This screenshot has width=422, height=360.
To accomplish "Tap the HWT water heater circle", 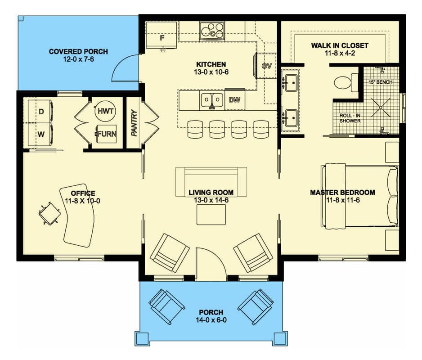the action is click(105, 111).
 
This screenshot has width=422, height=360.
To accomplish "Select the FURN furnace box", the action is click(107, 134).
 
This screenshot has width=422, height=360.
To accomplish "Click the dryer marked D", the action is click(40, 112).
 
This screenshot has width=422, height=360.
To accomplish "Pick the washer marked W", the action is click(40, 135).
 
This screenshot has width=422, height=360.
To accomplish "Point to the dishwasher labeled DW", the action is click(235, 100).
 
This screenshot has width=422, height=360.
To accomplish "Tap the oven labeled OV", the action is click(266, 66).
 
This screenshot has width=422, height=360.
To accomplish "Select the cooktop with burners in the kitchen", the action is click(212, 31).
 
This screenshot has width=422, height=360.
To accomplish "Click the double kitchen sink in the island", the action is click(212, 100).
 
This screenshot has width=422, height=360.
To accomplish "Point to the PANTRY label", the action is click(134, 123).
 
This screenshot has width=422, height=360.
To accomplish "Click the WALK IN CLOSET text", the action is click(340, 45).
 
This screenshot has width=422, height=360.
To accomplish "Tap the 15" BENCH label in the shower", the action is click(380, 82).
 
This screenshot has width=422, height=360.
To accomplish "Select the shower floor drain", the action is click(381, 108).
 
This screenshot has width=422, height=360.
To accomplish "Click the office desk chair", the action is click(49, 213).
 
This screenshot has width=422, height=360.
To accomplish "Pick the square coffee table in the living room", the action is click(211, 215).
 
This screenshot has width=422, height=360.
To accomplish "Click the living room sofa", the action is click(211, 182).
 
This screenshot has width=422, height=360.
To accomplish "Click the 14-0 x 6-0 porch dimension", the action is click(211, 320).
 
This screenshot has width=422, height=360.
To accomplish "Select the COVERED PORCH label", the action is click(78, 51).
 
